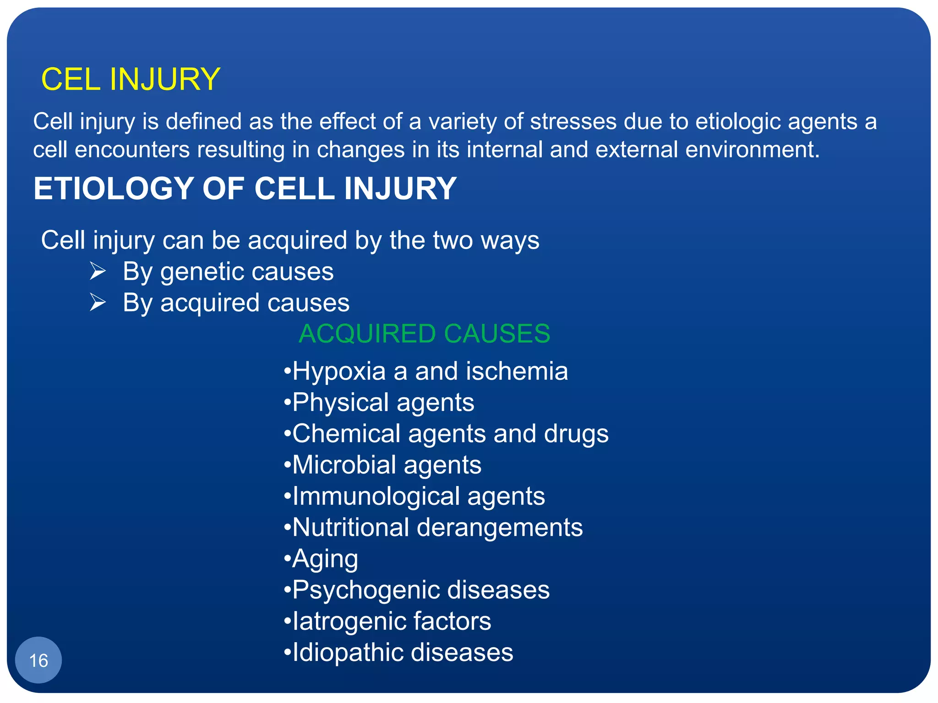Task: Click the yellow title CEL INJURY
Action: point(131,79)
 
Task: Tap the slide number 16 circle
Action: point(38,660)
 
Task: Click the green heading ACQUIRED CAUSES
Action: point(424,333)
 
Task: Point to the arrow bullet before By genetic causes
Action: point(98,271)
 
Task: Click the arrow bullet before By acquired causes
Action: point(98,302)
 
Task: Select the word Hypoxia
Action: point(339,371)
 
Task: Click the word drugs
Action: point(576,434)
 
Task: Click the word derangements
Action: point(499,527)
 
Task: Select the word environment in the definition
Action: point(751,150)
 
